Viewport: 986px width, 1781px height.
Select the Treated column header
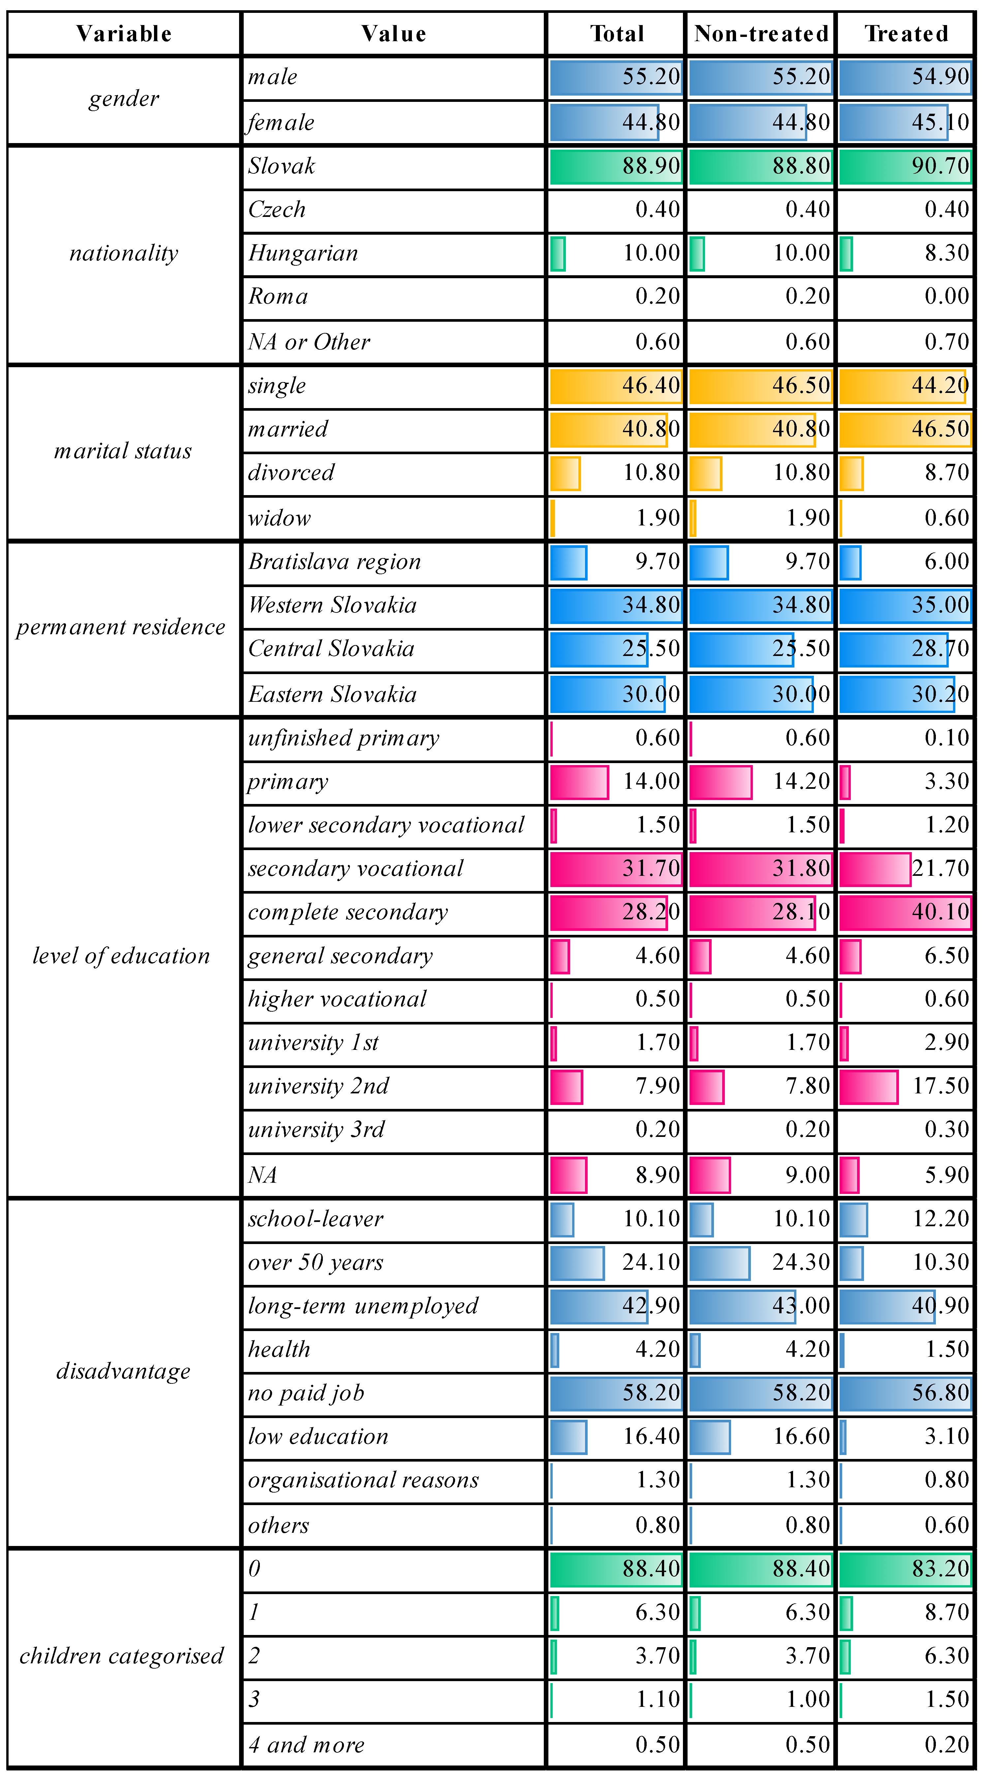click(907, 33)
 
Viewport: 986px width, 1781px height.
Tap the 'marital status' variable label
click(123, 451)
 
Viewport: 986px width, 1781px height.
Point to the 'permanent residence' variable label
click(121, 627)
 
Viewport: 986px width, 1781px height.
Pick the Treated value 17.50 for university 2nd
click(940, 1085)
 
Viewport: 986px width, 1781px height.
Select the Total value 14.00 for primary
click(651, 781)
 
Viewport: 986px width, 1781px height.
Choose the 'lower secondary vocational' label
click(386, 825)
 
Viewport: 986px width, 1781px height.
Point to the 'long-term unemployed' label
click(363, 1305)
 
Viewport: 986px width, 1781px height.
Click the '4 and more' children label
click(306, 1744)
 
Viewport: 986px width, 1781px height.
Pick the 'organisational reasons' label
click(363, 1480)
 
